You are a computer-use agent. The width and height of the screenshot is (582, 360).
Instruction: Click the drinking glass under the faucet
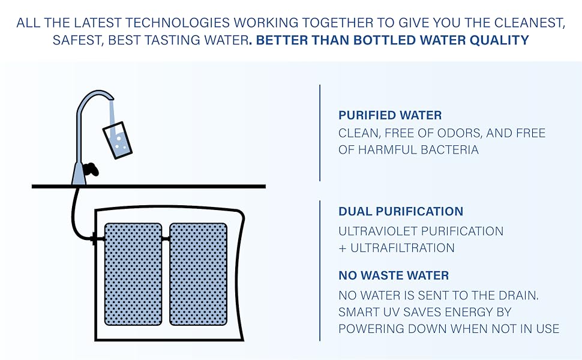pyautogui.click(x=118, y=140)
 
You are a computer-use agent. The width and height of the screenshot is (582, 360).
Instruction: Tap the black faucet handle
pyautogui.click(x=92, y=169)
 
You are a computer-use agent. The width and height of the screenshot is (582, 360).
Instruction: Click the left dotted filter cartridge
pyautogui.click(x=133, y=274)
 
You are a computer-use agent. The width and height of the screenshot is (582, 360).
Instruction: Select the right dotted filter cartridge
pyautogui.click(x=198, y=274)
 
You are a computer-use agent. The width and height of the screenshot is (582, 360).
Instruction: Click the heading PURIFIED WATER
pyautogui.click(x=391, y=115)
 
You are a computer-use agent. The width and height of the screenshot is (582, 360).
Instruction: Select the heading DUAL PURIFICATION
pyautogui.click(x=401, y=211)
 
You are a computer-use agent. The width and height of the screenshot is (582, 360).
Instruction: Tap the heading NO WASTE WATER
pyautogui.click(x=394, y=276)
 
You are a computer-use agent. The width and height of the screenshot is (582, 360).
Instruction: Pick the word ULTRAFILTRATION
pyautogui.click(x=401, y=248)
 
